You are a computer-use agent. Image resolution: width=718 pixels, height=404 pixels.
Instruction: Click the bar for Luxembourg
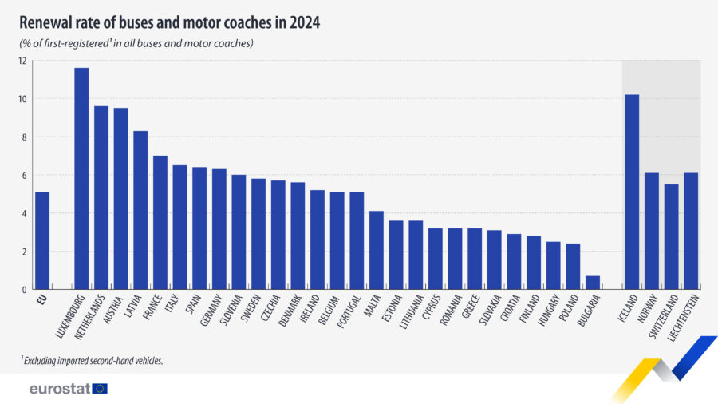click(81, 179)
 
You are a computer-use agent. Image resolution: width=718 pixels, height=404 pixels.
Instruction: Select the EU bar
click(42, 240)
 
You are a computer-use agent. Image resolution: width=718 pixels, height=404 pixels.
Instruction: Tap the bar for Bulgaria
click(593, 283)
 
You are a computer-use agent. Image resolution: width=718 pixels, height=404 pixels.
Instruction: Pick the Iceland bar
click(632, 192)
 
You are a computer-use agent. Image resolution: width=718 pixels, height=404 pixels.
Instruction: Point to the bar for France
click(160, 223)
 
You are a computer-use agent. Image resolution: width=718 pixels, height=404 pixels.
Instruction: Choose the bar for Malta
click(377, 250)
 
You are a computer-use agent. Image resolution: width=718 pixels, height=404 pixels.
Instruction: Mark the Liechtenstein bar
click(691, 232)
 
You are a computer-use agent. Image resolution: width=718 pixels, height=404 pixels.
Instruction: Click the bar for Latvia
click(140, 210)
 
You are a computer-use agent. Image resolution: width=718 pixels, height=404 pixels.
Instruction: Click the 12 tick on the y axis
click(22, 61)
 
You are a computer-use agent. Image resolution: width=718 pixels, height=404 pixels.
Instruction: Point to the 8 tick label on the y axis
click(24, 137)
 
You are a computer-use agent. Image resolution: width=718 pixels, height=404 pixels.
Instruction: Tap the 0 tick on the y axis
click(24, 290)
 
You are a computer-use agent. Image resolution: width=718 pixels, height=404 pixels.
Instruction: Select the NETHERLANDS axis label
click(89, 317)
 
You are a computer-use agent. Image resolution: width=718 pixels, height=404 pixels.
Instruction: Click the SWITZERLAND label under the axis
click(663, 317)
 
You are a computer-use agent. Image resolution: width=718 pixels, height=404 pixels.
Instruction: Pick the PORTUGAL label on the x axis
click(349, 312)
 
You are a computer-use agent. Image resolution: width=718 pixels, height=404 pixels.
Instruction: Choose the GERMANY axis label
click(211, 311)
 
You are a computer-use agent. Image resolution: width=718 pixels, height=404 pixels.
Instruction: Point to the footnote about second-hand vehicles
click(92, 360)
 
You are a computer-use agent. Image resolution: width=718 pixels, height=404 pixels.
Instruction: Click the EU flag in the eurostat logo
click(100, 389)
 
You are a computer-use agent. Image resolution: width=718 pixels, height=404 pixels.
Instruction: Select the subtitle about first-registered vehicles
click(136, 44)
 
